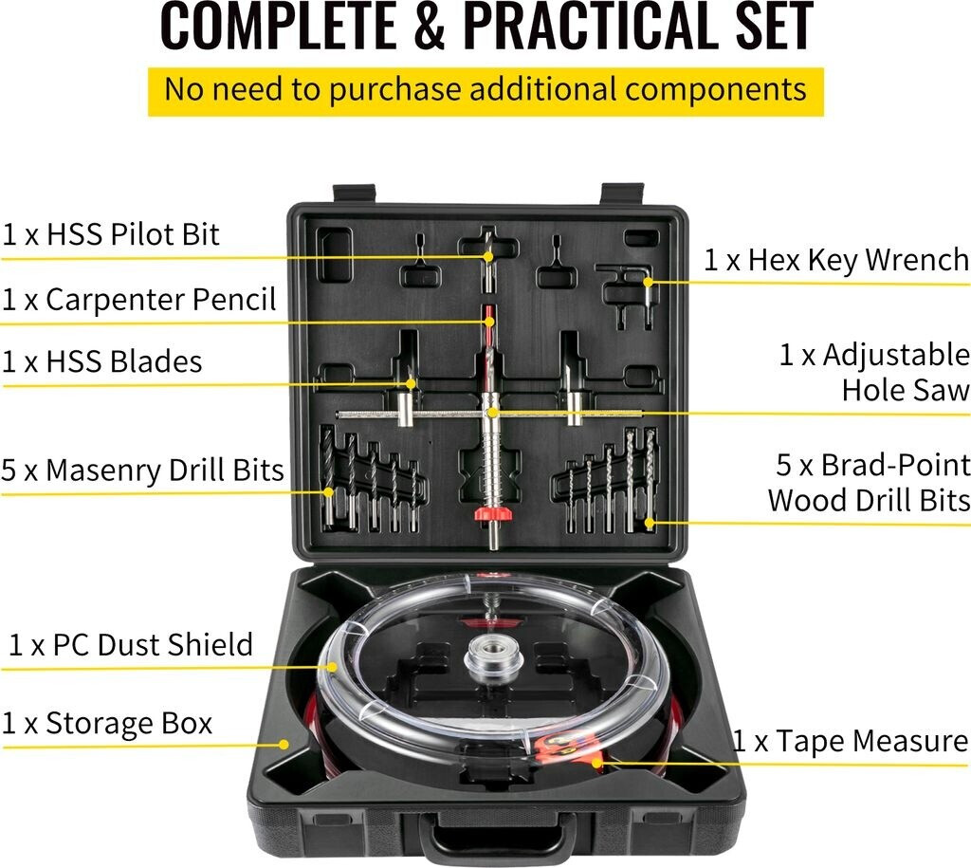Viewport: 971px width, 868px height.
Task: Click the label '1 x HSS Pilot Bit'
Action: (x=110, y=235)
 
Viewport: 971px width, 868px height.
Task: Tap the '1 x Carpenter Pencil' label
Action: (x=138, y=300)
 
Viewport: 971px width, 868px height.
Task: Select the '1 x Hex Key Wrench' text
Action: (x=836, y=260)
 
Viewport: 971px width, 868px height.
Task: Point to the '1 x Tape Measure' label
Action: (x=851, y=741)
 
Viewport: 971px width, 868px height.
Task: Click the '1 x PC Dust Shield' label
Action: (x=131, y=645)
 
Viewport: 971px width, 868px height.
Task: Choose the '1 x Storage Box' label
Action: (x=107, y=724)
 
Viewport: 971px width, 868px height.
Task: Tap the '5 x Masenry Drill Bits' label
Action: (x=142, y=471)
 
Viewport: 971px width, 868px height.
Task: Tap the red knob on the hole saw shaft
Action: (x=492, y=513)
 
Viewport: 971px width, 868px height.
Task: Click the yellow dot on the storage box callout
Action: (x=284, y=744)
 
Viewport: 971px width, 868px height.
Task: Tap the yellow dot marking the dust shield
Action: (x=333, y=667)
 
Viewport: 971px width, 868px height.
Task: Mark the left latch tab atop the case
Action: (x=355, y=193)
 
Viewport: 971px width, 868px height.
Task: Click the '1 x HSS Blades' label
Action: (x=102, y=361)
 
